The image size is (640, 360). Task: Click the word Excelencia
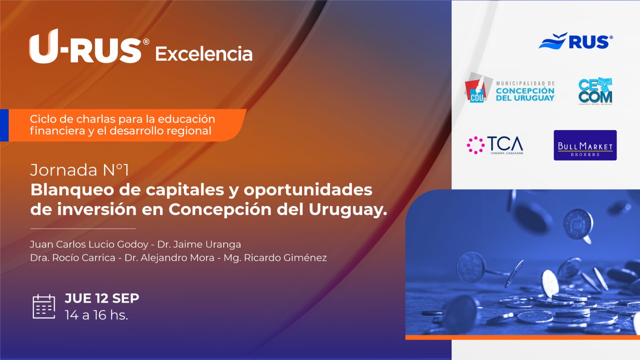[204, 54]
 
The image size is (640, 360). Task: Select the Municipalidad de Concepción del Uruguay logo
[510, 88]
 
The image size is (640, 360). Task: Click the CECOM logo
[596, 91]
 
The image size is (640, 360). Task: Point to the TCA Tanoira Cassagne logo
[495, 146]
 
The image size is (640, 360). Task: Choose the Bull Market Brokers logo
[585, 145]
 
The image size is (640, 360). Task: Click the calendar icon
[44, 306]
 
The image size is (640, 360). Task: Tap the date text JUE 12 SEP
[102, 298]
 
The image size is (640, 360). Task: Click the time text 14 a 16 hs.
[96, 315]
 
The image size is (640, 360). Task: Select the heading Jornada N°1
[80, 170]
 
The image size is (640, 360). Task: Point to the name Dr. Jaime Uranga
[199, 244]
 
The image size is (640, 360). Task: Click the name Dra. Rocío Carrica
[72, 258]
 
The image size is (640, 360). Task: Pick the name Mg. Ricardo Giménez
[275, 258]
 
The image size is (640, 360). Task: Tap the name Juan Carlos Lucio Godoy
[89, 244]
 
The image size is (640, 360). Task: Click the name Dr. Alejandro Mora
[170, 258]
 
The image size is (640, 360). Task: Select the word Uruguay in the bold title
[348, 210]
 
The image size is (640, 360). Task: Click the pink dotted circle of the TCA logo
[476, 145]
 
